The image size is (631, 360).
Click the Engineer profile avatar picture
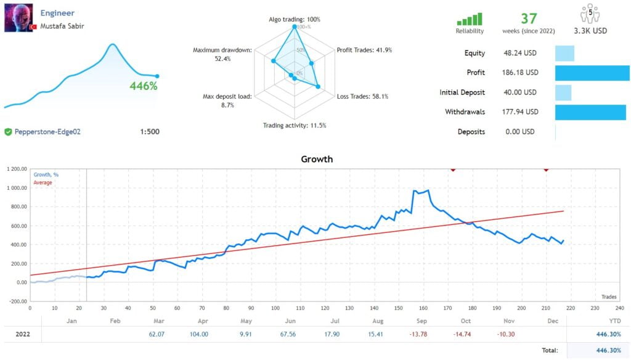tap(18, 18)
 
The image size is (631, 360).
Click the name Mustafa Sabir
tap(62, 26)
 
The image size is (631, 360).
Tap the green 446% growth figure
tap(144, 86)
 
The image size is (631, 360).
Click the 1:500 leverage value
tap(150, 131)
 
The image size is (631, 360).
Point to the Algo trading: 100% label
tap(294, 19)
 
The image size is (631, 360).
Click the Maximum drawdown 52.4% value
tap(222, 59)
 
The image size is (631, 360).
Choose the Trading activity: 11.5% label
tap(295, 125)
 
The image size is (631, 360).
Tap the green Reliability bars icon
tap(470, 19)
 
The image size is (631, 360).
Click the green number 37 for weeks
tap(529, 18)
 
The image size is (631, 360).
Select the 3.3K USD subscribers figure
tap(591, 31)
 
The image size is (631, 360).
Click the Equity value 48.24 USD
tap(521, 53)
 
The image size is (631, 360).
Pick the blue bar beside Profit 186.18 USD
tap(592, 73)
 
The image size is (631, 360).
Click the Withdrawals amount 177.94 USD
tap(521, 112)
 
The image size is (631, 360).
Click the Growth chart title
tap(317, 159)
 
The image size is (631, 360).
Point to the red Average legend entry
tap(43, 182)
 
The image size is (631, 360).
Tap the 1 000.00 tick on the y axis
tap(16, 188)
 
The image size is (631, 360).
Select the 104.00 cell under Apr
tap(199, 333)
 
